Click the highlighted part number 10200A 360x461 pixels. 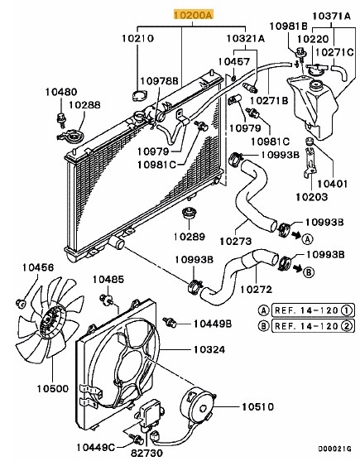point(192,15)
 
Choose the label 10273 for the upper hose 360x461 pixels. point(235,242)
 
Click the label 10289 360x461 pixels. point(189,236)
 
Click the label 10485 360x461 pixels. point(107,279)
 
